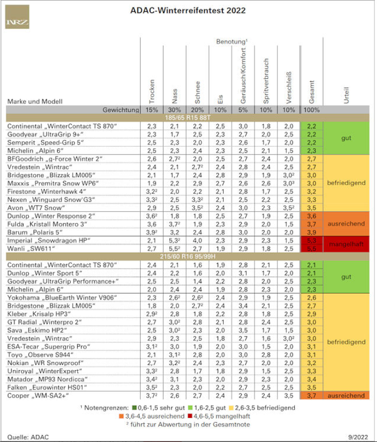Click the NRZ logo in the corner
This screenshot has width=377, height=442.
coord(17,17)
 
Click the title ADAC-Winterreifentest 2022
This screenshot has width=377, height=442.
coord(188,10)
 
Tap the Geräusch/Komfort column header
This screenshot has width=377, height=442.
coord(243,75)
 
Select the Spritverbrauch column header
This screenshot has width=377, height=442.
coord(266,81)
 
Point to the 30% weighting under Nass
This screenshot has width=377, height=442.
coord(174,110)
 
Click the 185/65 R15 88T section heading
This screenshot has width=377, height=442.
coord(188,118)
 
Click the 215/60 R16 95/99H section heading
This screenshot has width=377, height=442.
coord(188,256)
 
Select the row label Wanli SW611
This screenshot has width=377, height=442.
coord(31,249)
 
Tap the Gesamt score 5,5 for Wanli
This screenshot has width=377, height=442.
coord(312,249)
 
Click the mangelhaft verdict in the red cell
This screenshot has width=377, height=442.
coord(347,244)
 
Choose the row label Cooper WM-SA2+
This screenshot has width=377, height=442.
coord(38,395)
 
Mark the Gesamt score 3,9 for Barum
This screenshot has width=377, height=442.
coord(312,233)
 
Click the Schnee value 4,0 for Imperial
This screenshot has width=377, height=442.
coord(197,240)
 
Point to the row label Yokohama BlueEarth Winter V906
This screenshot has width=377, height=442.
coord(62,298)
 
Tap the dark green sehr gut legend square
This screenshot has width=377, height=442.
coord(134,408)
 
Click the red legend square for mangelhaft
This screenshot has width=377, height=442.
coord(190,416)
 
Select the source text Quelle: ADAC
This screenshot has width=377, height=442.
coord(24,437)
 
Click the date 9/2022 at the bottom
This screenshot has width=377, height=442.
coord(358,437)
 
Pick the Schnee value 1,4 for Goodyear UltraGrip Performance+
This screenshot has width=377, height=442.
coord(197,281)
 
